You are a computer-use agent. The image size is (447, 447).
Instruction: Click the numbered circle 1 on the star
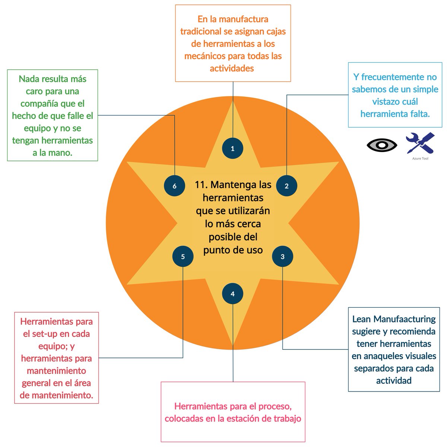coord(233,149)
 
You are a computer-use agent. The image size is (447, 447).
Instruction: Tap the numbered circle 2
coord(286,186)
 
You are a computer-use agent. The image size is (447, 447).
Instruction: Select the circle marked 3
coord(283,257)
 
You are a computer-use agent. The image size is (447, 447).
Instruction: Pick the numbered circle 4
coord(233,294)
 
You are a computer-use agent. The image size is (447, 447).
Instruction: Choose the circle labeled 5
coord(183,257)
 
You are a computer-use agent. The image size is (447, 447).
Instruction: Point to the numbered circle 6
coord(175,186)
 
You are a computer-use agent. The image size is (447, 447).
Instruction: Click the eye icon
coord(382,145)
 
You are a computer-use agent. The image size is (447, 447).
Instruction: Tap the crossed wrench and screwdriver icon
coord(420,143)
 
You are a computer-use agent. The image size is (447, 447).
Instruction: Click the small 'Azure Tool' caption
coord(420,159)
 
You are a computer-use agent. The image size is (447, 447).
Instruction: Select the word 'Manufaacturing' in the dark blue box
coord(405,319)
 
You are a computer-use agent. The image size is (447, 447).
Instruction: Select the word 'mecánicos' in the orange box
coord(205,56)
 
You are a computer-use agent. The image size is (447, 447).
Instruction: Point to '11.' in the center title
coord(201,185)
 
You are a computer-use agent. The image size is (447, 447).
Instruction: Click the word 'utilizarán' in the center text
coord(247,211)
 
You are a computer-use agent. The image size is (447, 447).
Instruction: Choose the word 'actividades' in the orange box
coord(232,69)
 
